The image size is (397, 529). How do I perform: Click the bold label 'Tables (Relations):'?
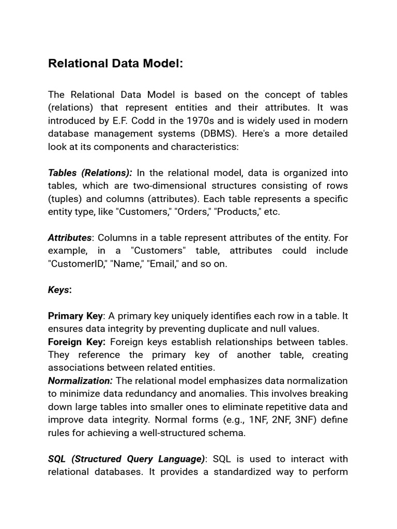(x=90, y=173)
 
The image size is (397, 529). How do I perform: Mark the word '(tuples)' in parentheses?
(x=67, y=199)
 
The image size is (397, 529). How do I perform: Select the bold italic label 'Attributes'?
(x=69, y=238)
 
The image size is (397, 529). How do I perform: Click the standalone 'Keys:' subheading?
(x=60, y=290)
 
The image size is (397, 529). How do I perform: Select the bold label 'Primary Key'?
(x=75, y=316)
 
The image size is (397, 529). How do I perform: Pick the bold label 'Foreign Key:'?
(x=77, y=342)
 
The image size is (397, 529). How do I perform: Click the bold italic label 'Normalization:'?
(x=80, y=381)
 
